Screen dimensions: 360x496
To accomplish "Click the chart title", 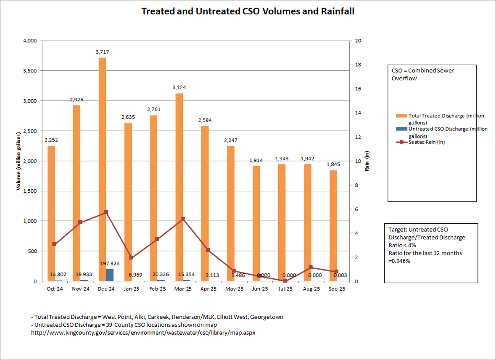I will click(x=248, y=11).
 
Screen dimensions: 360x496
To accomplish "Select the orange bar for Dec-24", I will click(x=102, y=168).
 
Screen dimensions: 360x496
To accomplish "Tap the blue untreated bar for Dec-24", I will click(x=109, y=275).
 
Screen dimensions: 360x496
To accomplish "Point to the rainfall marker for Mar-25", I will click(x=182, y=219).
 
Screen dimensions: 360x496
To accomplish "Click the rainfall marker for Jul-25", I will click(x=285, y=281).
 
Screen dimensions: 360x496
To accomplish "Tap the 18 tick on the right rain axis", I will click(x=357, y=65).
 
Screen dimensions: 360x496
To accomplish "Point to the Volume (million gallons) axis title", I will click(x=18, y=161).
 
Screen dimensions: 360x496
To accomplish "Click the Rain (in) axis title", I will click(x=367, y=161).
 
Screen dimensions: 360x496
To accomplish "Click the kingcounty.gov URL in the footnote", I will click(x=143, y=333).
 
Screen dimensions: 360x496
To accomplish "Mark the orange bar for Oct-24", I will click(x=51, y=213).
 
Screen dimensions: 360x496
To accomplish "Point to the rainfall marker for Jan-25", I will click(x=131, y=257).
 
